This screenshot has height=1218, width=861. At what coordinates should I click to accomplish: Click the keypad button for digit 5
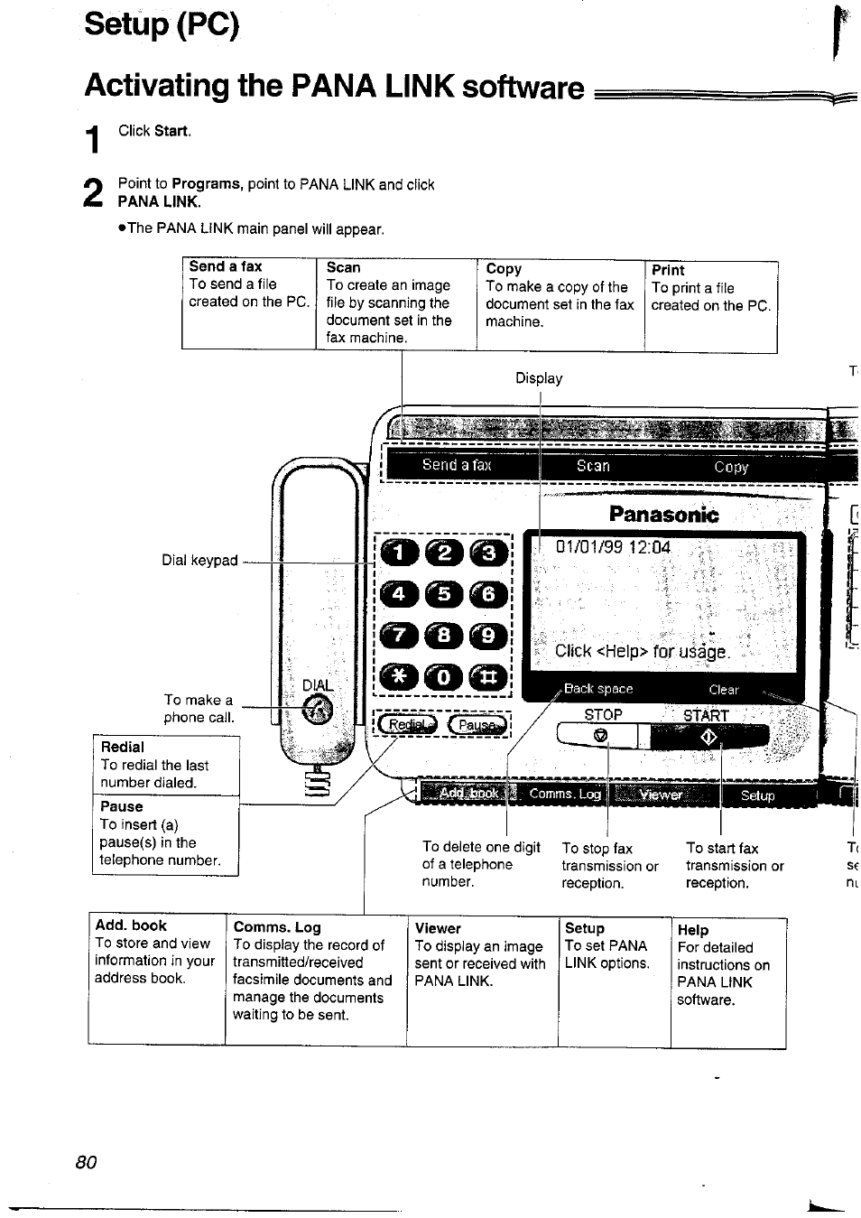[x=443, y=595]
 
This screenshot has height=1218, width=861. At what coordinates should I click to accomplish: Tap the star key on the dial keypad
[x=399, y=676]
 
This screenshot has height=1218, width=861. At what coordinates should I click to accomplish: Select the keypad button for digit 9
[x=488, y=636]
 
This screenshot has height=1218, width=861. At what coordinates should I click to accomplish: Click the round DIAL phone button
[x=317, y=712]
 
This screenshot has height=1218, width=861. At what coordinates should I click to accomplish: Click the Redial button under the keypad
[x=406, y=725]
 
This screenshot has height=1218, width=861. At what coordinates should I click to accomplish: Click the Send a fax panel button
[x=457, y=466]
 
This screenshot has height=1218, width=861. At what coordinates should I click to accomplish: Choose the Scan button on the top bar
[x=593, y=467]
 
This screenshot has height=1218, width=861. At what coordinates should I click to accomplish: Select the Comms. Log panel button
[x=565, y=795]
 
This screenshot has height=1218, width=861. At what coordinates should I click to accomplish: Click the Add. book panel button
[x=468, y=795]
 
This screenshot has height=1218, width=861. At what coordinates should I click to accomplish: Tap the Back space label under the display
[x=597, y=689]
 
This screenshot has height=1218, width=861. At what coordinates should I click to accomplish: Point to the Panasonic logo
[x=663, y=516]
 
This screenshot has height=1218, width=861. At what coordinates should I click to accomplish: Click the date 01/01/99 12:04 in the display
[x=613, y=547]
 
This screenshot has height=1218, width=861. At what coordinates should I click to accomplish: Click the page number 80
[x=86, y=1162]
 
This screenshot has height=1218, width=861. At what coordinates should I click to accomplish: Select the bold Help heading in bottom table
[x=692, y=930]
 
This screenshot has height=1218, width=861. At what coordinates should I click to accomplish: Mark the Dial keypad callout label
[x=199, y=561]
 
